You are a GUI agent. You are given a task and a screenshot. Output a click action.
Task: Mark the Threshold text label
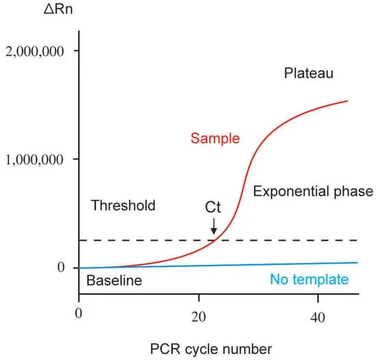(x=123, y=205)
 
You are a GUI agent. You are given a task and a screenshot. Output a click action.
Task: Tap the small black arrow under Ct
(x=215, y=225)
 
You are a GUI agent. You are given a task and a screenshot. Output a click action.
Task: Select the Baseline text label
(x=113, y=281)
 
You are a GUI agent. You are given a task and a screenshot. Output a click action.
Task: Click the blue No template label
(x=310, y=279)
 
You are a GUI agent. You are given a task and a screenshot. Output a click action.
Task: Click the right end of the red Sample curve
(x=347, y=101)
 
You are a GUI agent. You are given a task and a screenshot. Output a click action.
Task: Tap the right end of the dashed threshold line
(x=358, y=240)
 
